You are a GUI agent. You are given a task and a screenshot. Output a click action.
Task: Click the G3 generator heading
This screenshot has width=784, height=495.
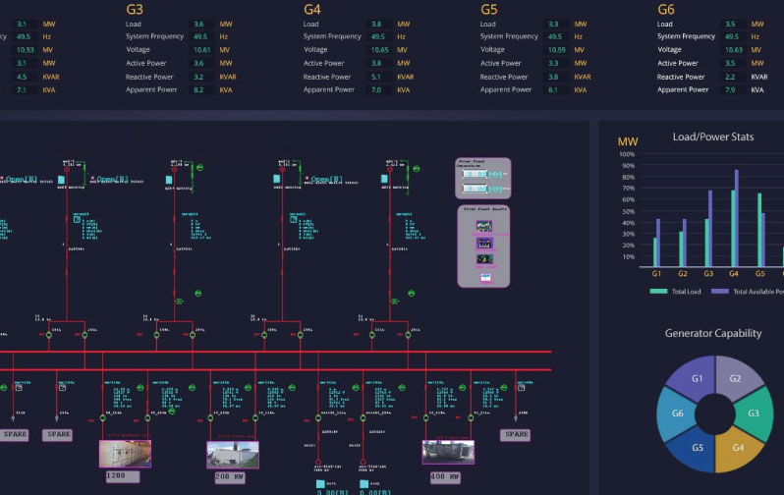click(135, 9)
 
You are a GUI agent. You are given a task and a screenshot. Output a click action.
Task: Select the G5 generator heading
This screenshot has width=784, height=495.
click(488, 9)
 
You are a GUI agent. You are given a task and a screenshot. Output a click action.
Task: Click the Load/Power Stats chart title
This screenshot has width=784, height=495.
click(713, 137)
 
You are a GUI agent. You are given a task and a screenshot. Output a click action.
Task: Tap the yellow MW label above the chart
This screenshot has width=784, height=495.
click(628, 142)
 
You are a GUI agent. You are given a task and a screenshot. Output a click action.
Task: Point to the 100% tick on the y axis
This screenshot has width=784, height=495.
click(629, 153)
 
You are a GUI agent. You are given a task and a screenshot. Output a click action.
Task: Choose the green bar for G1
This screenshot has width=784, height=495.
click(655, 252)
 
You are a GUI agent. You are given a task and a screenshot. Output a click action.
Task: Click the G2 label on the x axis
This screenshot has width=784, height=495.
click(683, 275)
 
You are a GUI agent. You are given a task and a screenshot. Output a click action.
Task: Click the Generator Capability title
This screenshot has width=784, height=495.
click(713, 333)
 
